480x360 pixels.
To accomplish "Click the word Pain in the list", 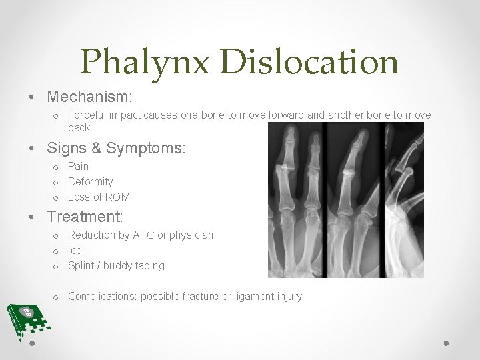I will (x=78, y=166).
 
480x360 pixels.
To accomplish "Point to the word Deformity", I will (x=91, y=181).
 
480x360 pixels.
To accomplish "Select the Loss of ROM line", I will (x=99, y=197).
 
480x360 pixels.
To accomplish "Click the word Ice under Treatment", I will (x=75, y=250).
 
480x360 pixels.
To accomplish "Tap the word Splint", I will (x=81, y=265).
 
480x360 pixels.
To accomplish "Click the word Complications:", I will (x=102, y=296).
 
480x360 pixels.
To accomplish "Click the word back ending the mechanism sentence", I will (x=79, y=127).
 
